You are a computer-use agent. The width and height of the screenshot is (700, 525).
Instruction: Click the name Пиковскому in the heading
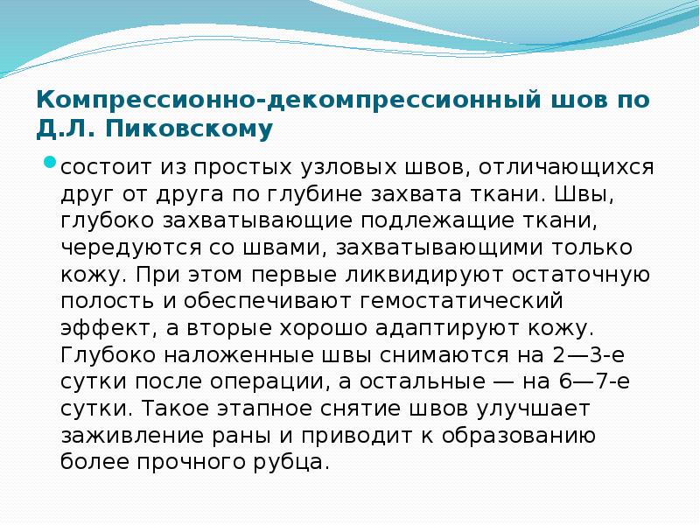[189, 130]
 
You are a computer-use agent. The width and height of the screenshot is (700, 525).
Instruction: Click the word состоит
[102, 165]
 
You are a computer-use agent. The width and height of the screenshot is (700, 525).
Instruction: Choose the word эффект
[98, 329]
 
